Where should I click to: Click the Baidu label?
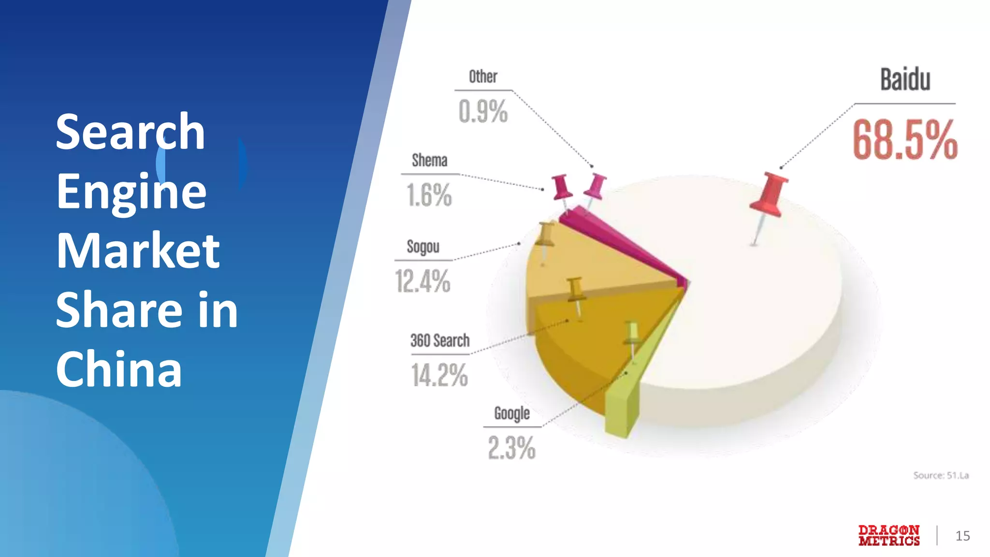pyautogui.click(x=905, y=80)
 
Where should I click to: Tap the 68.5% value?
pyautogui.click(x=905, y=140)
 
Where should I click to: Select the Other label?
pyautogui.click(x=483, y=77)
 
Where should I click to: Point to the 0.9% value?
pyautogui.click(x=483, y=112)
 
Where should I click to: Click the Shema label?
pyautogui.click(x=429, y=161)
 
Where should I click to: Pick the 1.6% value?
pyautogui.click(x=429, y=195)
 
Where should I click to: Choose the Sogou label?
pyautogui.click(x=423, y=247)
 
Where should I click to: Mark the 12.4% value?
pyautogui.click(x=423, y=281)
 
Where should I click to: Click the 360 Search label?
pyautogui.click(x=440, y=341)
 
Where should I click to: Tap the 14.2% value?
pyautogui.click(x=440, y=375)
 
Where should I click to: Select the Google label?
pyautogui.click(x=512, y=413)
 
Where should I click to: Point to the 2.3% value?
pyautogui.click(x=512, y=448)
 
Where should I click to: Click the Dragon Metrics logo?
pyautogui.click(x=889, y=536)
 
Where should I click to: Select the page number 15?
pyautogui.click(x=962, y=536)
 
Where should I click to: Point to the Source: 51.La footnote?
pyautogui.click(x=941, y=475)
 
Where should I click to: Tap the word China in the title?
pyautogui.click(x=119, y=369)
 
